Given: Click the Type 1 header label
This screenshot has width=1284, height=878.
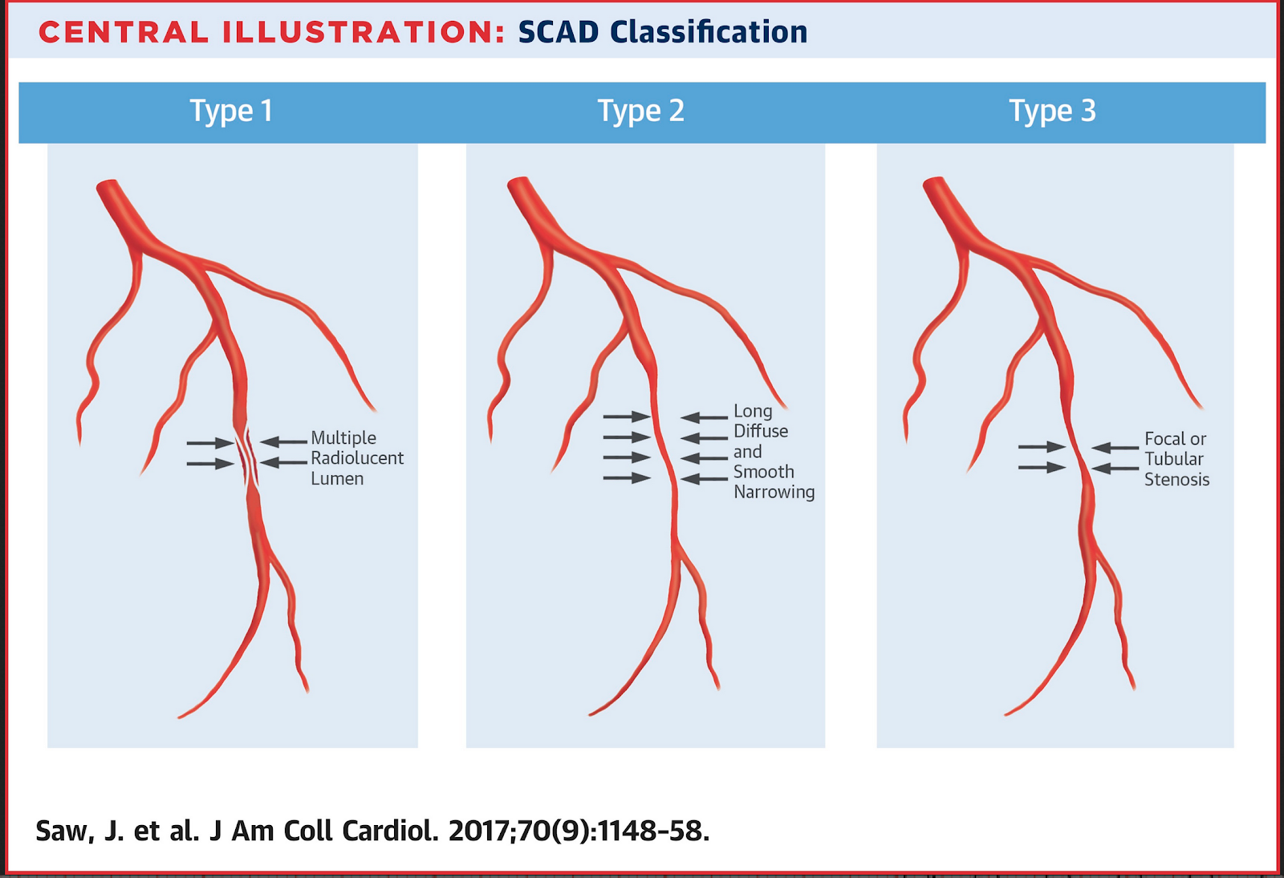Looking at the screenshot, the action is (x=231, y=111).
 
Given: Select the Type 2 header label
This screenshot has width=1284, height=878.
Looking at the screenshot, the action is (x=640, y=111).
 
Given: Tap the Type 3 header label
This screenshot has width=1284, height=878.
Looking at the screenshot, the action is (x=1052, y=111).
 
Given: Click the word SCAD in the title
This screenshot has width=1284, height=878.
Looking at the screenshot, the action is (x=559, y=32).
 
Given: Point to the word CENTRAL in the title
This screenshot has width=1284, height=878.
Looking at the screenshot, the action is (x=124, y=32).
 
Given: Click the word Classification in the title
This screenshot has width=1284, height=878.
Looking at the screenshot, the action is (x=709, y=32).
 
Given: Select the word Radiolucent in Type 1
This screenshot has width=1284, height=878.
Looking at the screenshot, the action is (x=357, y=458).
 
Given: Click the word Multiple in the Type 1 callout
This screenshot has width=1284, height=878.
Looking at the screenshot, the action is (x=343, y=438).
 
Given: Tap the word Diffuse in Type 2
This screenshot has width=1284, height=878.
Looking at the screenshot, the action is (x=761, y=431).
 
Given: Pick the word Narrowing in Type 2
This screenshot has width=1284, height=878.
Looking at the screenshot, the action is (x=774, y=492).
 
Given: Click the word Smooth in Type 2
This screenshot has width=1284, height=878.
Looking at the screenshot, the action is (x=763, y=472).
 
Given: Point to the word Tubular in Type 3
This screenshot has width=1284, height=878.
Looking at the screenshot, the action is (x=1173, y=459).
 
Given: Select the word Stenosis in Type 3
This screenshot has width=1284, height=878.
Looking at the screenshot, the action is (x=1176, y=480).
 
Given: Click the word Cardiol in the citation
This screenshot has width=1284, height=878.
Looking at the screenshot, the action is (x=390, y=831).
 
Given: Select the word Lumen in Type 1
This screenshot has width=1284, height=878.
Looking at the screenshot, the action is (x=337, y=479).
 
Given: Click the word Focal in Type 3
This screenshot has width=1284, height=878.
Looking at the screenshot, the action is (x=1164, y=439).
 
